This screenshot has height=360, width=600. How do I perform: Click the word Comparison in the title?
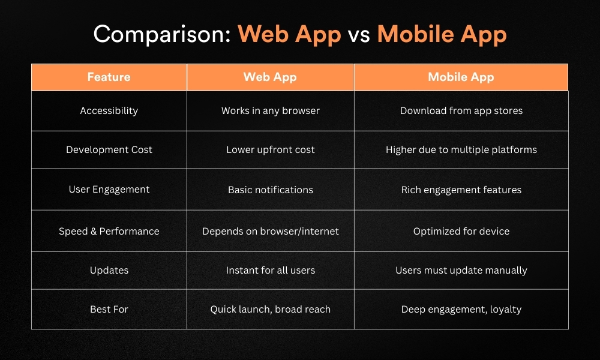(162, 34)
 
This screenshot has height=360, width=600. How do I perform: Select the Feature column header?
(109, 77)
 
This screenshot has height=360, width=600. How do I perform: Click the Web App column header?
(270, 77)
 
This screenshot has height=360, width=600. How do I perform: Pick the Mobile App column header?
(461, 77)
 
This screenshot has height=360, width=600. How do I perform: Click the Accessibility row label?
(109, 111)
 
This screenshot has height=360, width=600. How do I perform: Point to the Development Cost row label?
(109, 149)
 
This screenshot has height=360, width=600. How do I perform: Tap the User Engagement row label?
(109, 190)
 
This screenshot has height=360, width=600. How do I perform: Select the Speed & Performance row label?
(109, 231)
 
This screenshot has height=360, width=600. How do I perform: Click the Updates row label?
(109, 271)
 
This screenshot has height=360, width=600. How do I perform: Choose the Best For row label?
(109, 309)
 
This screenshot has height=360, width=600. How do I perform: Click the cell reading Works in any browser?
(271, 111)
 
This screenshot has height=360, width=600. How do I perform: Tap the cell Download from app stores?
(461, 111)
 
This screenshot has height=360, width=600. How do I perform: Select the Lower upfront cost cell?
(271, 149)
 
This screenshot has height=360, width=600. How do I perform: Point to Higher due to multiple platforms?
(461, 149)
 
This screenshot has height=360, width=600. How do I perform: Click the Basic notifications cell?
(271, 190)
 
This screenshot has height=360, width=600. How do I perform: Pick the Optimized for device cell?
(461, 231)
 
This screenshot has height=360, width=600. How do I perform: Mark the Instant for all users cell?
(271, 271)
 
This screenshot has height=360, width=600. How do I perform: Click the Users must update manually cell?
(461, 271)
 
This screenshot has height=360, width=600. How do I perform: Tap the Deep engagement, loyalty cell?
(461, 310)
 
